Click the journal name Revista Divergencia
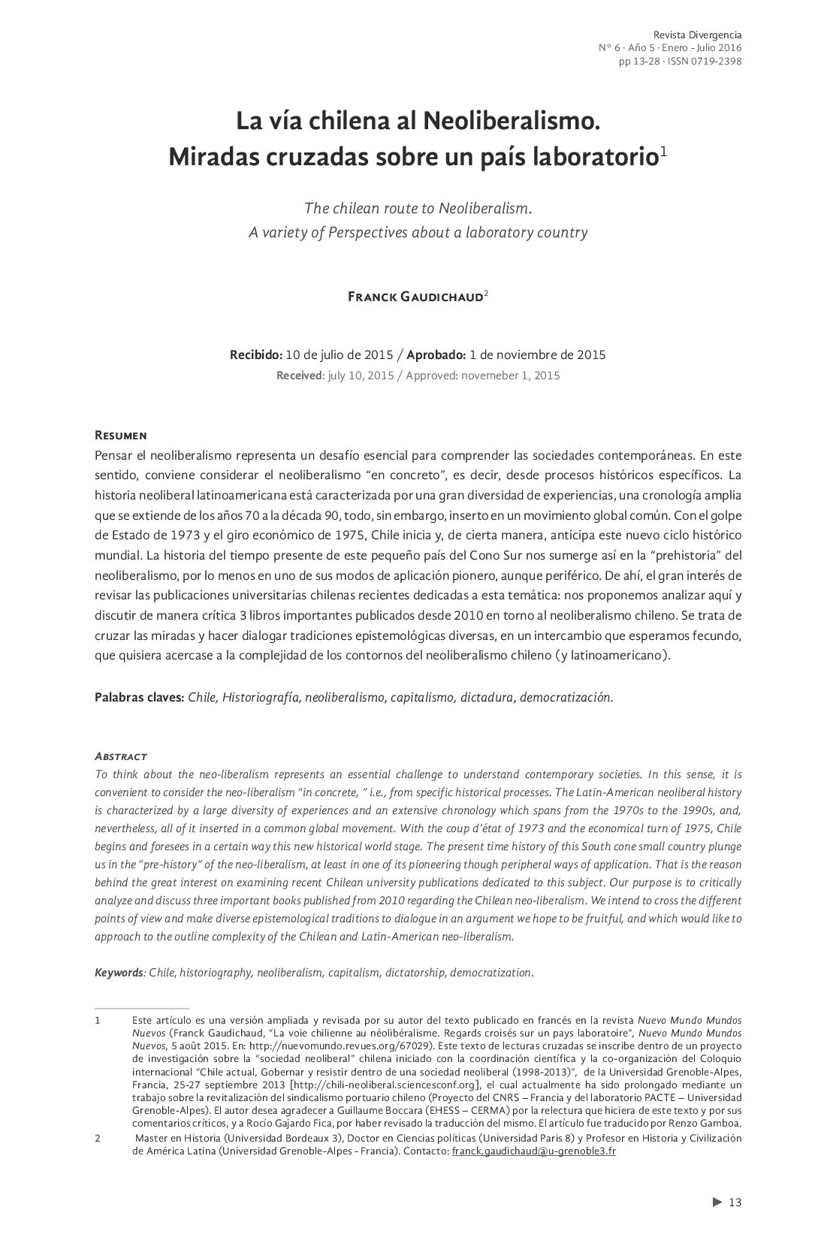coord(697,35)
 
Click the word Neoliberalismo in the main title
coord(511,120)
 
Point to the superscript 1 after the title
coord(663,151)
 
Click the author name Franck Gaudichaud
coord(415,297)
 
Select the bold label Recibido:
coord(255,354)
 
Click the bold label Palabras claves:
coord(139,697)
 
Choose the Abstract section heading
coord(120,756)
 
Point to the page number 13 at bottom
coord(735,1202)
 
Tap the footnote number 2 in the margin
coord(98,1139)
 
